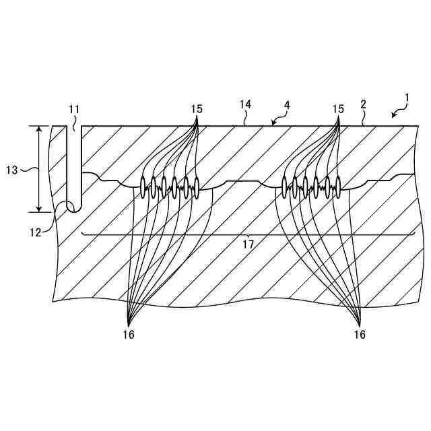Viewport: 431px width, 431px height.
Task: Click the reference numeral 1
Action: (x=406, y=98)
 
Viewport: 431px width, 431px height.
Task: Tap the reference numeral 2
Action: (x=363, y=104)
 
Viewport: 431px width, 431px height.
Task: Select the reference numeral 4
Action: (x=288, y=105)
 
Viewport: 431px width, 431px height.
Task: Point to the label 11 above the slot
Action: (x=74, y=109)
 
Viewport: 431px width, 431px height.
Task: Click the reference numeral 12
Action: (x=36, y=232)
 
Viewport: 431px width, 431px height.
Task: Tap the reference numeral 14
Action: (x=245, y=104)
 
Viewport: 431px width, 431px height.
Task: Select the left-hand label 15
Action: (x=197, y=108)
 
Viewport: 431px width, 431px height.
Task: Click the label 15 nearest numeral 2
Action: (x=339, y=108)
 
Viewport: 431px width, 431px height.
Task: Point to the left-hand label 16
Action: (x=129, y=335)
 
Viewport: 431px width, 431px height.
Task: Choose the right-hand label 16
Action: (x=360, y=335)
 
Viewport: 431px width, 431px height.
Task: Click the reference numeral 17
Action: (x=248, y=245)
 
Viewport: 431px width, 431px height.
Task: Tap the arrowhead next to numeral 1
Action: (x=394, y=116)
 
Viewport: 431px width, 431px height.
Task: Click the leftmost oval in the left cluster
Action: (x=143, y=186)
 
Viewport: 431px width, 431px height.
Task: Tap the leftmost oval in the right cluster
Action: (x=285, y=186)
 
